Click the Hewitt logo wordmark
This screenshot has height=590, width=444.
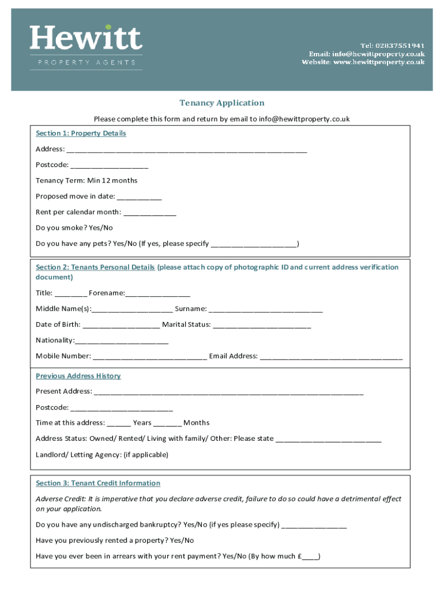pos(86,39)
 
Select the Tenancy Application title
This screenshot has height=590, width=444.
pos(222,103)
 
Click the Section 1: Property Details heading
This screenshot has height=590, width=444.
pos(81,133)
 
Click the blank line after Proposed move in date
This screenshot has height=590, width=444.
pos(140,197)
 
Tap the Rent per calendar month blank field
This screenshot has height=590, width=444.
pos(150,213)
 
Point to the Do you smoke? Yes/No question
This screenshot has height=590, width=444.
pos(74,228)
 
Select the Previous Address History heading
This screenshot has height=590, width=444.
pos(78,376)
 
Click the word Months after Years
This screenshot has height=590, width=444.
pos(197,423)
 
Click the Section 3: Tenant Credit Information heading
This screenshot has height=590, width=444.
pos(98,483)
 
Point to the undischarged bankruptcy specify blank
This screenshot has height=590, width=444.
pos(314,525)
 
